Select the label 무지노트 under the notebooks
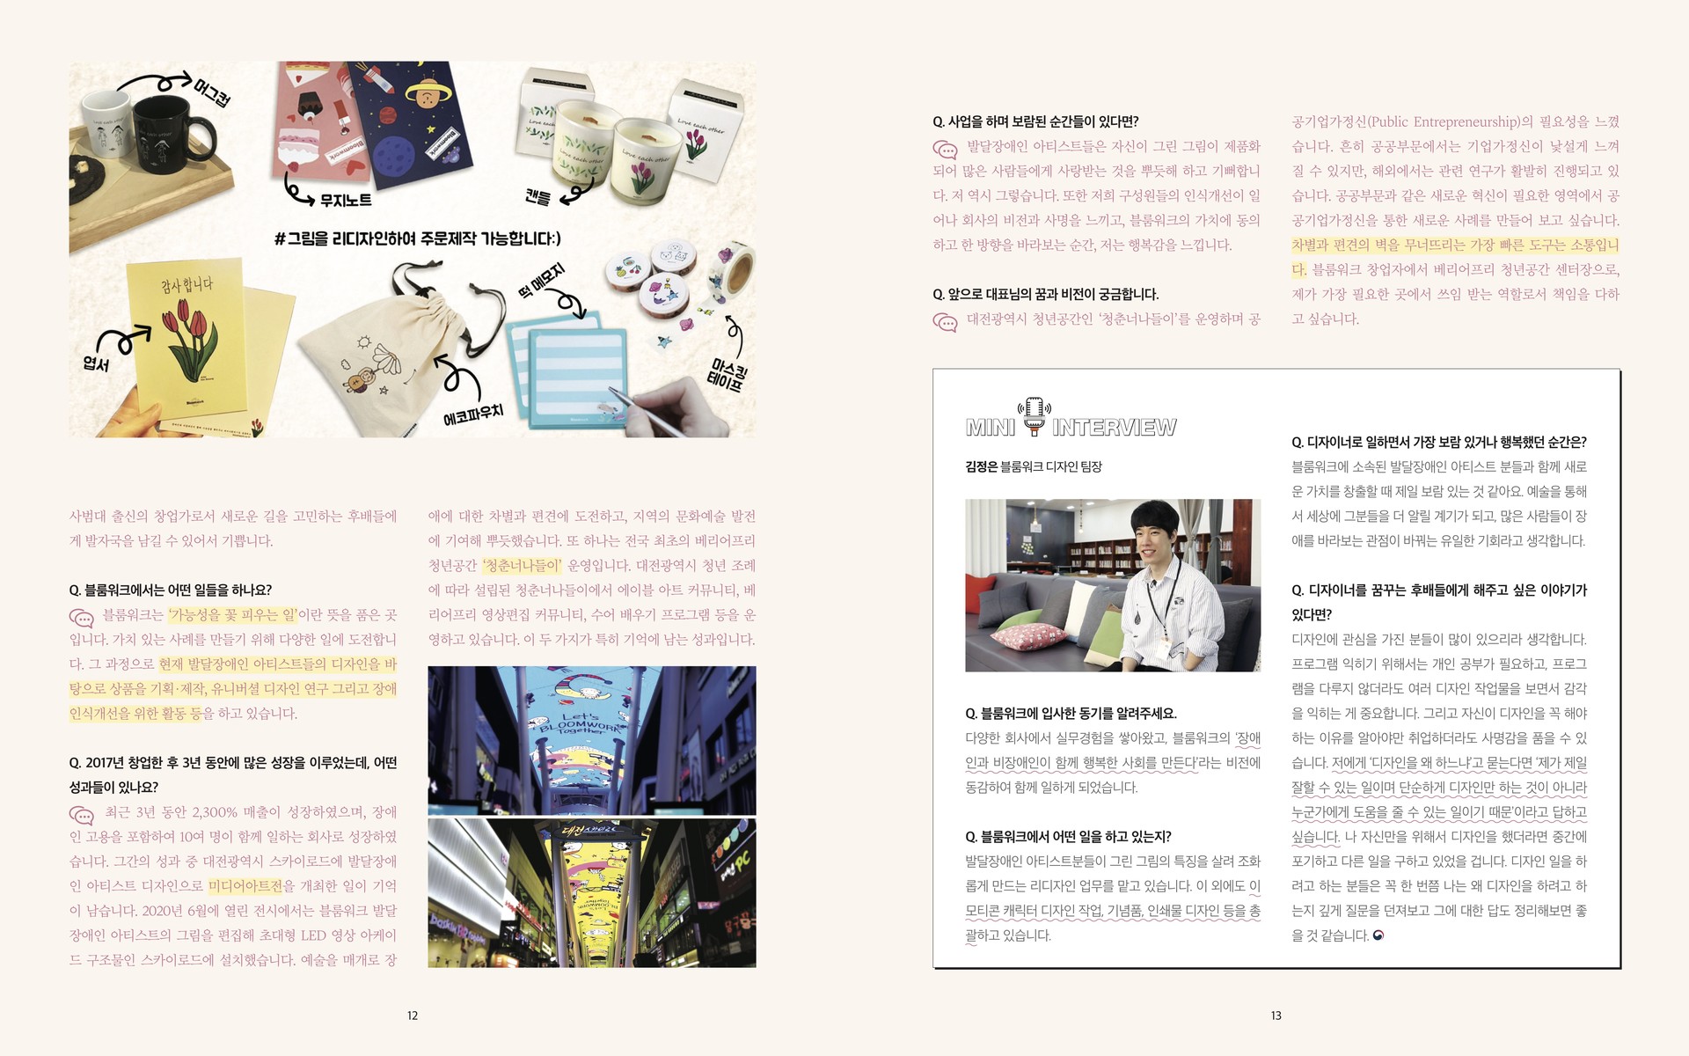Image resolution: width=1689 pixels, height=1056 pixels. point(346,200)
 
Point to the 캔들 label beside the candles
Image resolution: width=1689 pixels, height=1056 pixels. point(538,196)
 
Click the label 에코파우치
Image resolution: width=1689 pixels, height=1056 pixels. point(473,414)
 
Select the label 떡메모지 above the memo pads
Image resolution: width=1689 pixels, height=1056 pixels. point(541,281)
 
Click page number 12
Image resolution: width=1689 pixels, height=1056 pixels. point(413,1016)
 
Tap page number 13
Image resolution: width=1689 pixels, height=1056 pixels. point(1276,1016)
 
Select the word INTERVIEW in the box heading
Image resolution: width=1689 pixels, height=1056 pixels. point(1115,428)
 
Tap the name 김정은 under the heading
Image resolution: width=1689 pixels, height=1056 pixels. point(982,466)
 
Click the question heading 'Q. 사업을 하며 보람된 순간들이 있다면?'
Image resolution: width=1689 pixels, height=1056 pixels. point(1035,121)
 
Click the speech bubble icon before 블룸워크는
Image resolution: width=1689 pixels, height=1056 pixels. point(81,617)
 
